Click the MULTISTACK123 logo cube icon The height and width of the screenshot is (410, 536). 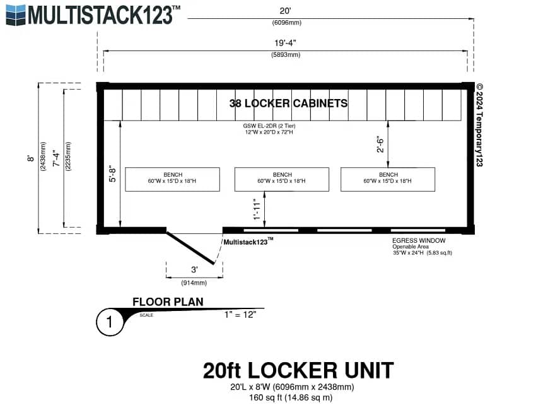[16, 15]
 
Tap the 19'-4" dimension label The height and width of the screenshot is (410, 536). [285, 43]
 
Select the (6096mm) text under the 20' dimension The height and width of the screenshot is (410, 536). [286, 23]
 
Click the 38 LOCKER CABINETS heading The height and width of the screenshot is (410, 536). [288, 103]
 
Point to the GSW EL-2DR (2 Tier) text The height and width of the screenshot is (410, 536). [269, 126]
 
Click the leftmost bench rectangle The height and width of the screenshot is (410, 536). [172, 179]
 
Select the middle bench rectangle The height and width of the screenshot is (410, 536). [282, 179]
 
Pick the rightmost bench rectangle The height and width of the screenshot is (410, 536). [388, 179]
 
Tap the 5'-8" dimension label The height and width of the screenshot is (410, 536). [112, 174]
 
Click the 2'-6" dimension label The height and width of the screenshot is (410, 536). [380, 144]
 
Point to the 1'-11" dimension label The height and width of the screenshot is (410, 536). [257, 209]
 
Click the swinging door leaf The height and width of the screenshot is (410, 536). [190, 248]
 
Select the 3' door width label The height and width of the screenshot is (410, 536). [194, 270]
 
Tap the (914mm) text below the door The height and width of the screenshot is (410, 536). [194, 283]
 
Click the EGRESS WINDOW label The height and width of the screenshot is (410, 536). [419, 241]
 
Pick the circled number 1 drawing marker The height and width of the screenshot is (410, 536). [109, 322]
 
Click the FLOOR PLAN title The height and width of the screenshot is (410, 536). [168, 302]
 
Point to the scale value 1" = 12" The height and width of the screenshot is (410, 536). [240, 315]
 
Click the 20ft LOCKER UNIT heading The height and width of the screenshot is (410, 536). [298, 370]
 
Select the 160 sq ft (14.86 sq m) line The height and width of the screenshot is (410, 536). [291, 397]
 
